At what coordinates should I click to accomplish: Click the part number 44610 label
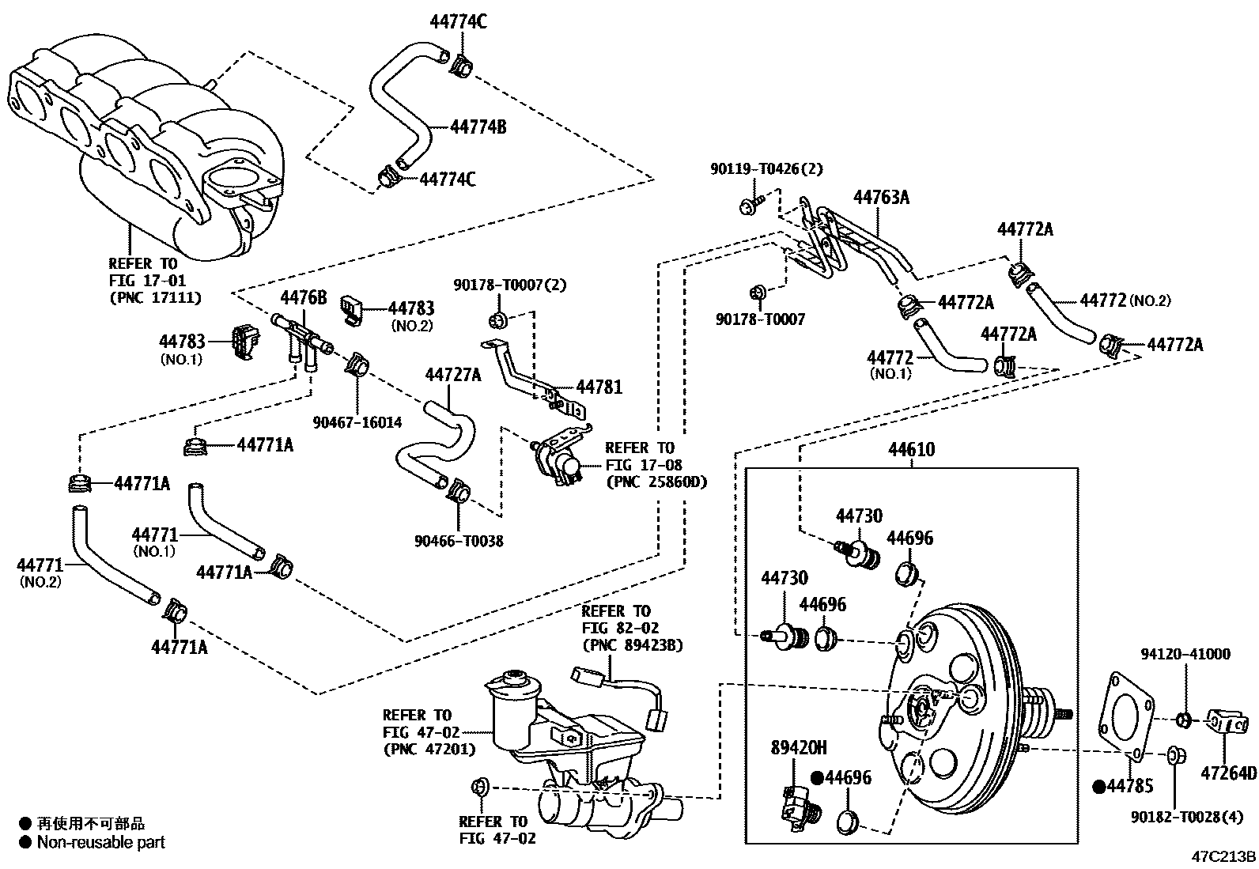point(911,450)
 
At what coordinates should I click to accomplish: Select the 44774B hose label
point(478,126)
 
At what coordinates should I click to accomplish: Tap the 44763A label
point(881,197)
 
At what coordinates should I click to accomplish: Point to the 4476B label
point(304,297)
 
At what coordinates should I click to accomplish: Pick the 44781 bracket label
point(599,387)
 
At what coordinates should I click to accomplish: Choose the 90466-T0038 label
point(459,541)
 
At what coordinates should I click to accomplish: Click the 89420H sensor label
point(799,747)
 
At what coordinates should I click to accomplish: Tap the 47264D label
point(1228,773)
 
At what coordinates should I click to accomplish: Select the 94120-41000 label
point(1185,654)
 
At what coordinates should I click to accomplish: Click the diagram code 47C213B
point(1224,856)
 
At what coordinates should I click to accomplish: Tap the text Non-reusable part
point(101,843)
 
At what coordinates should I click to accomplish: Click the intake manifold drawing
point(142,142)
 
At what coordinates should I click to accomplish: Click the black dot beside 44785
point(1098,787)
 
